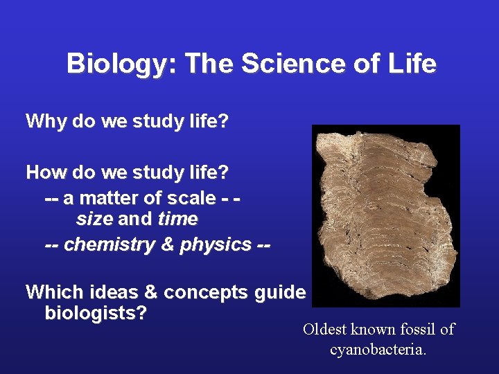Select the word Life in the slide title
[413, 64]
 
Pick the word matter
[107, 198]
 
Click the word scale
[192, 198]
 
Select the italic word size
[94, 220]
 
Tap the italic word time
[177, 220]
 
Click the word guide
[280, 292]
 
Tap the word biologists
[94, 313]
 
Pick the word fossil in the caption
[414, 330]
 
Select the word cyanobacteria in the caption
[378, 350]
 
